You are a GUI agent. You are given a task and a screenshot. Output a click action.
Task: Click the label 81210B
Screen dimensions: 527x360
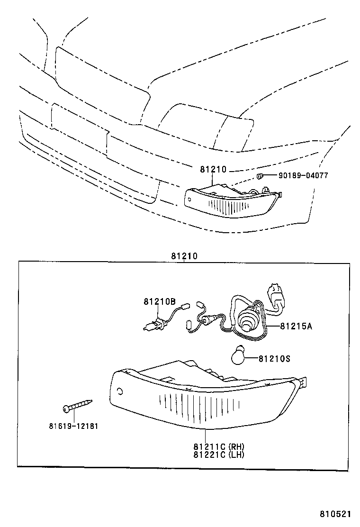[160, 301]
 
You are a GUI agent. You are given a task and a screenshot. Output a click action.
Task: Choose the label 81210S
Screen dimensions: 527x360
[274, 359]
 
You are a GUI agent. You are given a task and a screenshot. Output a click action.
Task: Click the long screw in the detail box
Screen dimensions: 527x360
[77, 405]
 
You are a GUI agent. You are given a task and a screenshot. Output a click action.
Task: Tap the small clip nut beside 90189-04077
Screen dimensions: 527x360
[260, 176]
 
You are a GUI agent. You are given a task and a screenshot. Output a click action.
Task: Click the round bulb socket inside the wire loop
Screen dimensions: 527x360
[248, 320]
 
